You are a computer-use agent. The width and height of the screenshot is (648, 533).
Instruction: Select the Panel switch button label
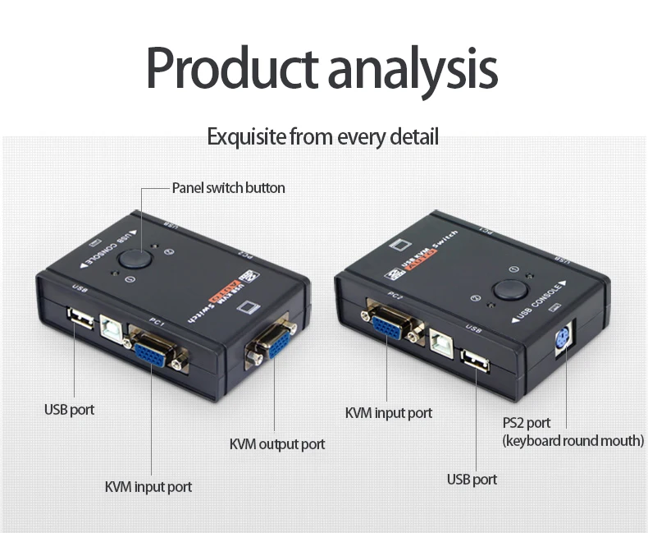click(x=228, y=187)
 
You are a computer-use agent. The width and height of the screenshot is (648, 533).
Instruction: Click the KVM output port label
click(x=276, y=444)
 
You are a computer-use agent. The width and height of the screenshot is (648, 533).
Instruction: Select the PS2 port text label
click(x=527, y=423)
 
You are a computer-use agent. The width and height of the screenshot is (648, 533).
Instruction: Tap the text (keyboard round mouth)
click(x=573, y=441)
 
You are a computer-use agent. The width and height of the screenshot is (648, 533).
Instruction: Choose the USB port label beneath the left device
click(x=69, y=409)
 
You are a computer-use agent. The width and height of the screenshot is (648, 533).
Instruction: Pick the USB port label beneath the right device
click(x=472, y=479)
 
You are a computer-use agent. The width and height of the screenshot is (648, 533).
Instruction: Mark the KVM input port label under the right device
click(x=388, y=412)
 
